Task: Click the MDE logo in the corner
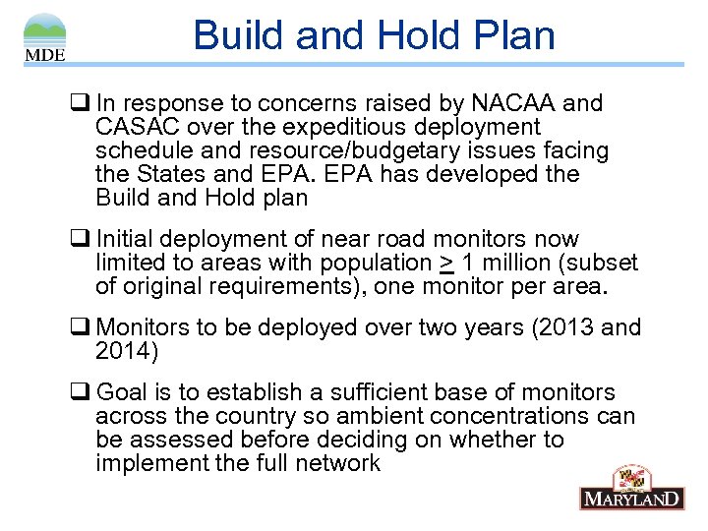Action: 45,37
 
